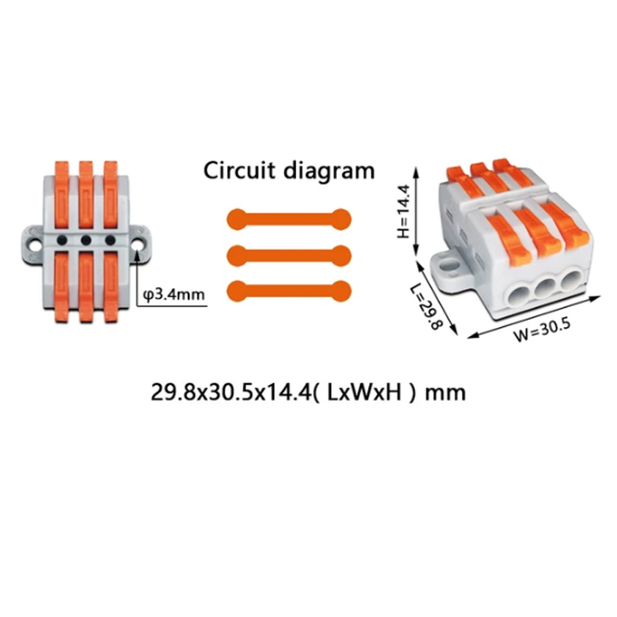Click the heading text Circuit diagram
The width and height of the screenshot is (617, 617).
[288, 171]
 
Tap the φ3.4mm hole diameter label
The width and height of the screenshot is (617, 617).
[174, 294]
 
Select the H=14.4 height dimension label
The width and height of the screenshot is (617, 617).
[403, 211]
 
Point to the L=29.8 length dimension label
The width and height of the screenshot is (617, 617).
[427, 307]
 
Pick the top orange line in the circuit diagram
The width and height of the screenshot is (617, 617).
[288, 220]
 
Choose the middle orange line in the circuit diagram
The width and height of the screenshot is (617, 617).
[288, 256]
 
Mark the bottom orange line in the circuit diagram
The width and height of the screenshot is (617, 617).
[288, 292]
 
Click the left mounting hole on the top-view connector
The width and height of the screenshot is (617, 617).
[33, 245]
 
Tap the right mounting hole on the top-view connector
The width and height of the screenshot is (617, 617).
[138, 244]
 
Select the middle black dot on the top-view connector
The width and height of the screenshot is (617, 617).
[86, 241]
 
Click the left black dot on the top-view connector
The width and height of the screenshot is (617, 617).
[62, 241]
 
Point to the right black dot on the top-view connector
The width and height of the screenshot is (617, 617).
[110, 240]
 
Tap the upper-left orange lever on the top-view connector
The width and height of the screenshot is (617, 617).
[62, 194]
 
